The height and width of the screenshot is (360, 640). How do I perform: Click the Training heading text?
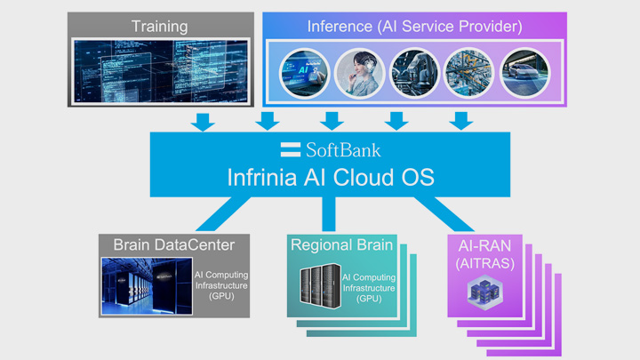click(160, 26)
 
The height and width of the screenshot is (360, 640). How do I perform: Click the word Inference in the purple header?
click(340, 26)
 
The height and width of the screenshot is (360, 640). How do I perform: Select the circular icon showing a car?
click(526, 72)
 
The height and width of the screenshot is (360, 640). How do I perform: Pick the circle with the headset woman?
click(360, 72)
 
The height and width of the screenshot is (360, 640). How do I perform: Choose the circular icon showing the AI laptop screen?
click(305, 72)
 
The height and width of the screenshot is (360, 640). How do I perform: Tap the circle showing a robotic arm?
click(415, 72)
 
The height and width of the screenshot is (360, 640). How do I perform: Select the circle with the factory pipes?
click(470, 72)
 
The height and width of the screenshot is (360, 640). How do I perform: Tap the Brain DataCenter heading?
click(173, 244)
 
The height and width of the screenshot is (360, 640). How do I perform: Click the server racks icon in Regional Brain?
click(318, 286)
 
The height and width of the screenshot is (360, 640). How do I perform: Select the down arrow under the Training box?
click(204, 121)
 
